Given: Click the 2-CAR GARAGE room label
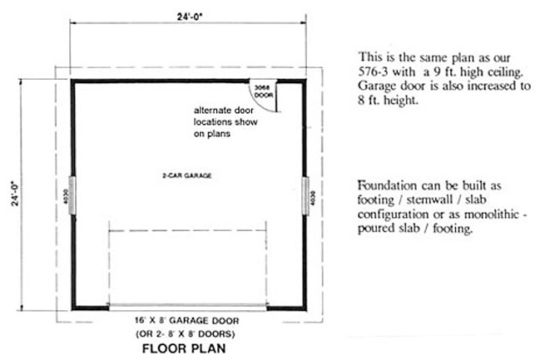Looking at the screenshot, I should coord(182,175).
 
